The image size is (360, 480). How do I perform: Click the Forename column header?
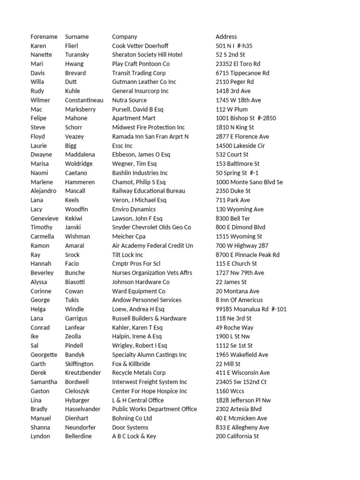pos(44,37)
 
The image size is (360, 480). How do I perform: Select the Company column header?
pos(125,37)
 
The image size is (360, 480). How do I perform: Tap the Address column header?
pos(226,37)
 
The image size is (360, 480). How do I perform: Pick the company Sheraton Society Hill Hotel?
pos(147,55)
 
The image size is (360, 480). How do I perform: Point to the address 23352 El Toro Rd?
pos(238,64)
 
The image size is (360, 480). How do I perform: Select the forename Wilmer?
pos(40,100)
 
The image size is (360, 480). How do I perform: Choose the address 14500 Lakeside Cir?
pos(240,146)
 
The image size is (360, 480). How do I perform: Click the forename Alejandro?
pos(44,191)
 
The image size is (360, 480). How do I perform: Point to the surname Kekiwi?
pos(74,218)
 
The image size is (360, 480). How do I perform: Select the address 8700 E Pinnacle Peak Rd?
pos(247,255)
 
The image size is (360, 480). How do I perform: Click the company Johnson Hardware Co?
pos(141,282)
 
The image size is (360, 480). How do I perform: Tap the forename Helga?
pos(38,309)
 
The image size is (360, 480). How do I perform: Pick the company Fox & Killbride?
pos(131,364)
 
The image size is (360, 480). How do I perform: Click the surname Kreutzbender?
pos(83,373)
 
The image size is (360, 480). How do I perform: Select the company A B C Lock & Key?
pos(134,436)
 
